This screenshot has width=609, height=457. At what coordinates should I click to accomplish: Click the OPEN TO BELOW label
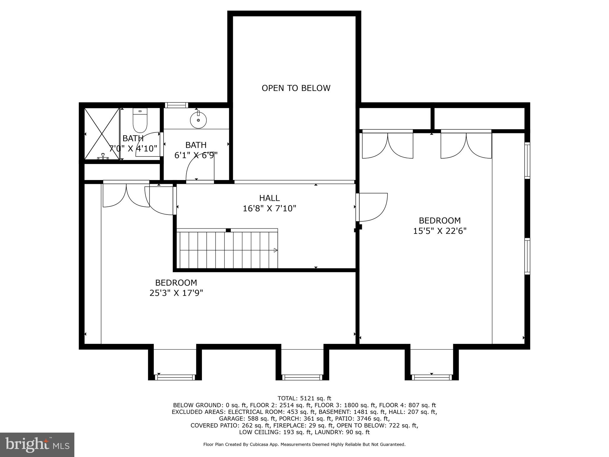coord(296,88)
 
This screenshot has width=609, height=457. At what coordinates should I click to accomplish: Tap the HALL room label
coord(269,198)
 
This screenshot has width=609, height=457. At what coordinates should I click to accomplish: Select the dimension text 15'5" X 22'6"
coord(440,231)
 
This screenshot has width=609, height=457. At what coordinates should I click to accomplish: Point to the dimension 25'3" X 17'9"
coord(176,293)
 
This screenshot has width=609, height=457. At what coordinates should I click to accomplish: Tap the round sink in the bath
coord(198,120)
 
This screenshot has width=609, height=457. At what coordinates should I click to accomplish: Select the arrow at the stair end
coord(275,250)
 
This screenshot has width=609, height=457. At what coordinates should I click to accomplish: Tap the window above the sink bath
coord(176,105)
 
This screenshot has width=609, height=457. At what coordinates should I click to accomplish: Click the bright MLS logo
coord(37,445)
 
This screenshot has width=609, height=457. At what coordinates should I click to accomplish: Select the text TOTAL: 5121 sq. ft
coord(304,398)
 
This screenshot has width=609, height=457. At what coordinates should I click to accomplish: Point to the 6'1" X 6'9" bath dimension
coord(196,155)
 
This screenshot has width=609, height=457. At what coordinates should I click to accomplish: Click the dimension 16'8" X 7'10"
coord(269,208)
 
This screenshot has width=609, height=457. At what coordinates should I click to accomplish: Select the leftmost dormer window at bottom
coord(175,377)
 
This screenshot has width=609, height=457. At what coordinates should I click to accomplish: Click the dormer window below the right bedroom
coord(431,377)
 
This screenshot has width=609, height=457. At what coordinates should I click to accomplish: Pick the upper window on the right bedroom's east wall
coord(527,160)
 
